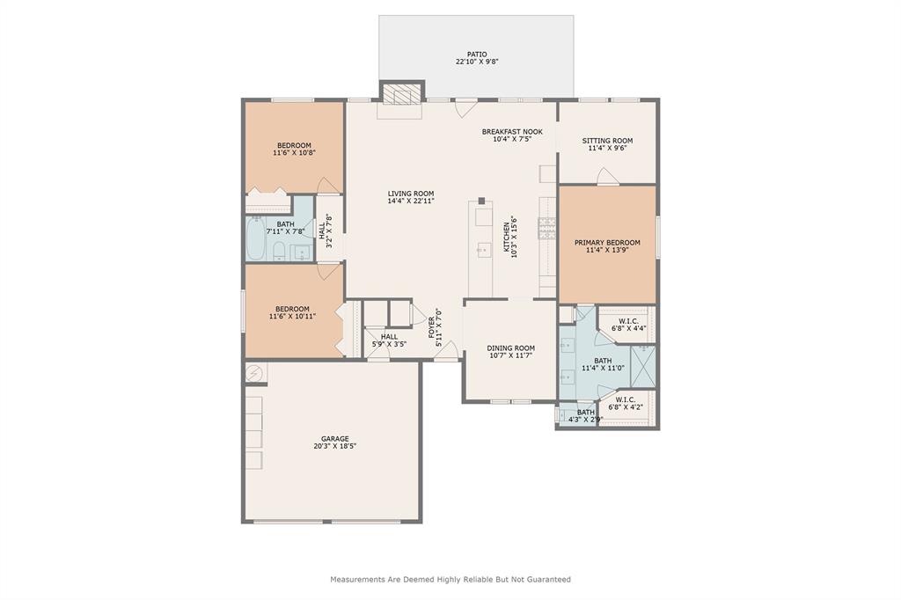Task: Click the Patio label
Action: pyautogui.click(x=476, y=54)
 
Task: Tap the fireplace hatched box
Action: pyautogui.click(x=402, y=94)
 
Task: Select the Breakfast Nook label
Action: pyautogui.click(x=512, y=132)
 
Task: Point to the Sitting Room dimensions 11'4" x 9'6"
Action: pyautogui.click(x=607, y=148)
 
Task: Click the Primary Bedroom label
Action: pyautogui.click(x=607, y=243)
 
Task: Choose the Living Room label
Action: pyautogui.click(x=411, y=194)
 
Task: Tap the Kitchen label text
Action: pyautogui.click(x=507, y=238)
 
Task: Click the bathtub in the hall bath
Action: pyautogui.click(x=256, y=238)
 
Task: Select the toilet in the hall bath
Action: pyautogui.click(x=279, y=251)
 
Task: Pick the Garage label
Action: pyautogui.click(x=335, y=439)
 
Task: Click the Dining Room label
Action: pyautogui.click(x=511, y=348)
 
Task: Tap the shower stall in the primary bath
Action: pyautogui.click(x=643, y=366)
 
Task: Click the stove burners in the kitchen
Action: pyautogui.click(x=547, y=228)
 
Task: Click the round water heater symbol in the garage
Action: pyautogui.click(x=254, y=374)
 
